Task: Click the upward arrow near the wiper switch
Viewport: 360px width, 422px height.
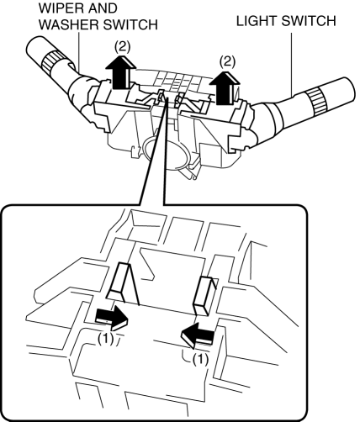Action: point(121,72)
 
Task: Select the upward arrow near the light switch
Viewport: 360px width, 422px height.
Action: point(225,87)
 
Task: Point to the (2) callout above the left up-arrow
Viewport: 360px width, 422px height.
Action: point(122,47)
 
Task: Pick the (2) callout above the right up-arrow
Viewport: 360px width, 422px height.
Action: point(227,61)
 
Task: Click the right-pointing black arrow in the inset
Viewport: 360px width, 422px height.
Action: point(112,318)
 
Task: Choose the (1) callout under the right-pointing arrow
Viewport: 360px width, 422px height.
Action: point(106,340)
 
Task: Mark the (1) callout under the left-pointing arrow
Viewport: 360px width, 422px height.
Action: point(200,360)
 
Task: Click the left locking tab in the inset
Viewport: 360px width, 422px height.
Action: point(122,283)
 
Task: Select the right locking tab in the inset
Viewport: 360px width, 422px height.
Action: point(204,296)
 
